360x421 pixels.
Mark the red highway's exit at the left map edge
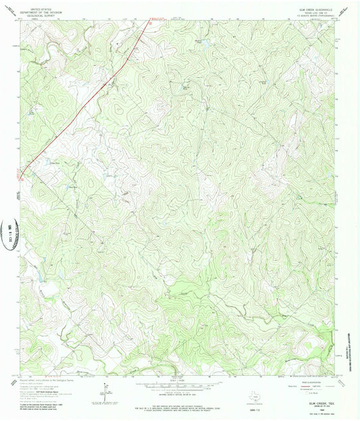pos(21,178)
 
